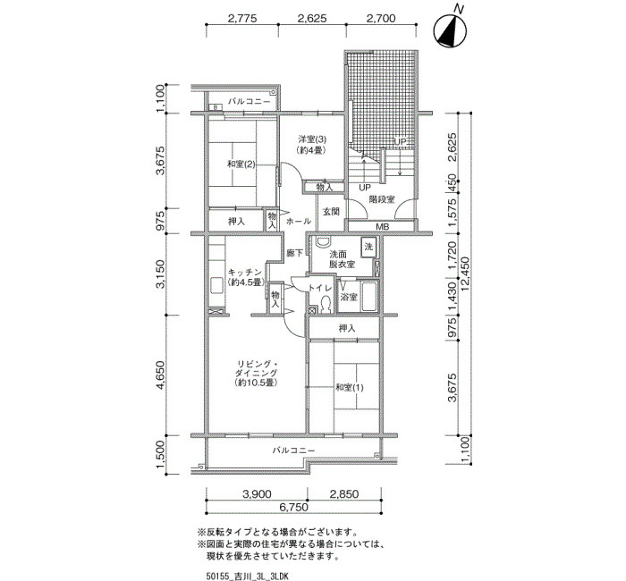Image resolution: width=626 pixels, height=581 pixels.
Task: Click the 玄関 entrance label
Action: tap(331, 212)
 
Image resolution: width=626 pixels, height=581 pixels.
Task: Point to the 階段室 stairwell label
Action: tap(381, 198)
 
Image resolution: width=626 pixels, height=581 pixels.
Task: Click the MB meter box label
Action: tap(383, 227)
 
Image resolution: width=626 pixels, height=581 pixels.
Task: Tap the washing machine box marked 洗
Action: tap(368, 247)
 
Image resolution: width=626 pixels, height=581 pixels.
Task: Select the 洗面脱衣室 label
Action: tap(343, 259)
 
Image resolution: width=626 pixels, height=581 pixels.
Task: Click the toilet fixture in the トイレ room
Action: tap(326, 305)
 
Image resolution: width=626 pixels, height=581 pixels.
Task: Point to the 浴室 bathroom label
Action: tap(349, 298)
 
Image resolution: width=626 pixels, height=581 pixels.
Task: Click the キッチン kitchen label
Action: tap(245, 277)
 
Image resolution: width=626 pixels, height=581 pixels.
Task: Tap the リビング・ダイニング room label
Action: tap(256, 373)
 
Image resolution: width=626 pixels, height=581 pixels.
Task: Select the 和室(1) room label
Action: tap(350, 387)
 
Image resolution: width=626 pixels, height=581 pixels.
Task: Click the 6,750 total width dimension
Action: tap(293, 507)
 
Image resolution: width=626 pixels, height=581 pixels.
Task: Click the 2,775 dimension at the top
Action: tap(242, 19)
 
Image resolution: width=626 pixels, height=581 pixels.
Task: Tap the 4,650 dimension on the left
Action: tap(160, 375)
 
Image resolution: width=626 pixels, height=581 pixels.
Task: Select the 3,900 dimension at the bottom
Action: tap(257, 494)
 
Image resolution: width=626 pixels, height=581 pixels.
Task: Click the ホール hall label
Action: tap(298, 221)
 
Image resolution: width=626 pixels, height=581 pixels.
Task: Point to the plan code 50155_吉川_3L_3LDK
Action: tap(248, 577)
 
